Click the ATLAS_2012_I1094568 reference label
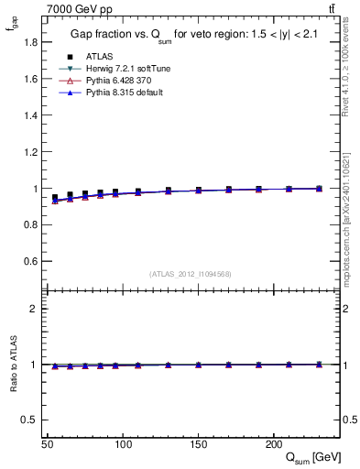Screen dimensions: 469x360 coord(191,274)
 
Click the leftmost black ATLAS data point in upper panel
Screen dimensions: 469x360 coord(55,198)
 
